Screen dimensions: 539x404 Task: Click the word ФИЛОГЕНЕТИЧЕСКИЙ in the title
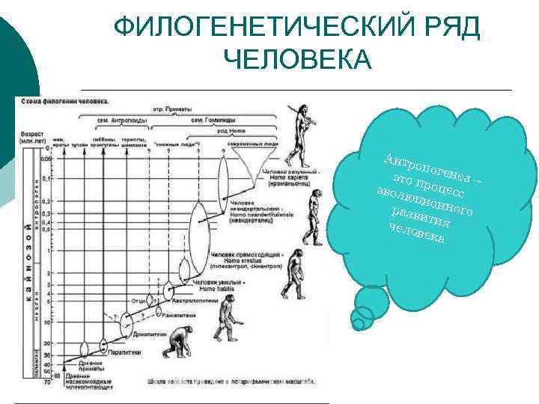[x=255, y=28]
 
